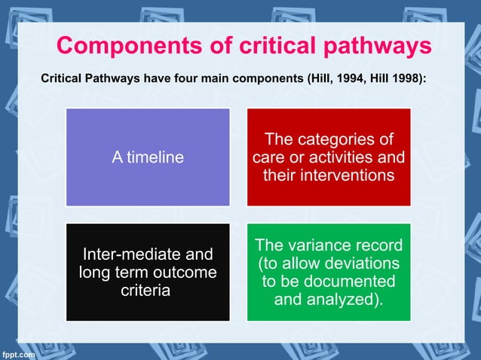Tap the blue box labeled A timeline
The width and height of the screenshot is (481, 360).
148,157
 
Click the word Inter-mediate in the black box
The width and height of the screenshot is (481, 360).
135,255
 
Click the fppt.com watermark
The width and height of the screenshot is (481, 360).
17,352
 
